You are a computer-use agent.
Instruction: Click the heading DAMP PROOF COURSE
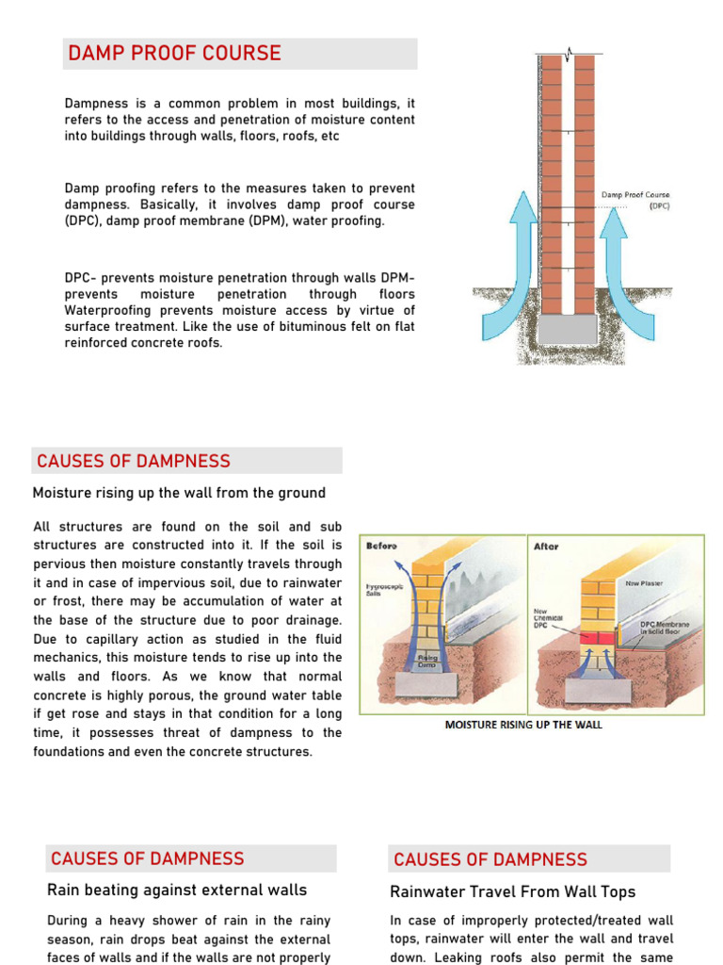pos(174,54)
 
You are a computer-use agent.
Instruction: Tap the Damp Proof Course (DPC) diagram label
pos(635,200)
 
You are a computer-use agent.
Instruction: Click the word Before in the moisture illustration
pos(382,546)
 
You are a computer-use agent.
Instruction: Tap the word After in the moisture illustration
pos(546,547)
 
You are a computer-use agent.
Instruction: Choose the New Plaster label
pos(644,583)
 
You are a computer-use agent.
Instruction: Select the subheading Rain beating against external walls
pos(177,890)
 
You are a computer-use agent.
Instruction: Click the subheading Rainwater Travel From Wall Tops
pos(513,891)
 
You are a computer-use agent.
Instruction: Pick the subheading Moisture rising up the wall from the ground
pos(179,493)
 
